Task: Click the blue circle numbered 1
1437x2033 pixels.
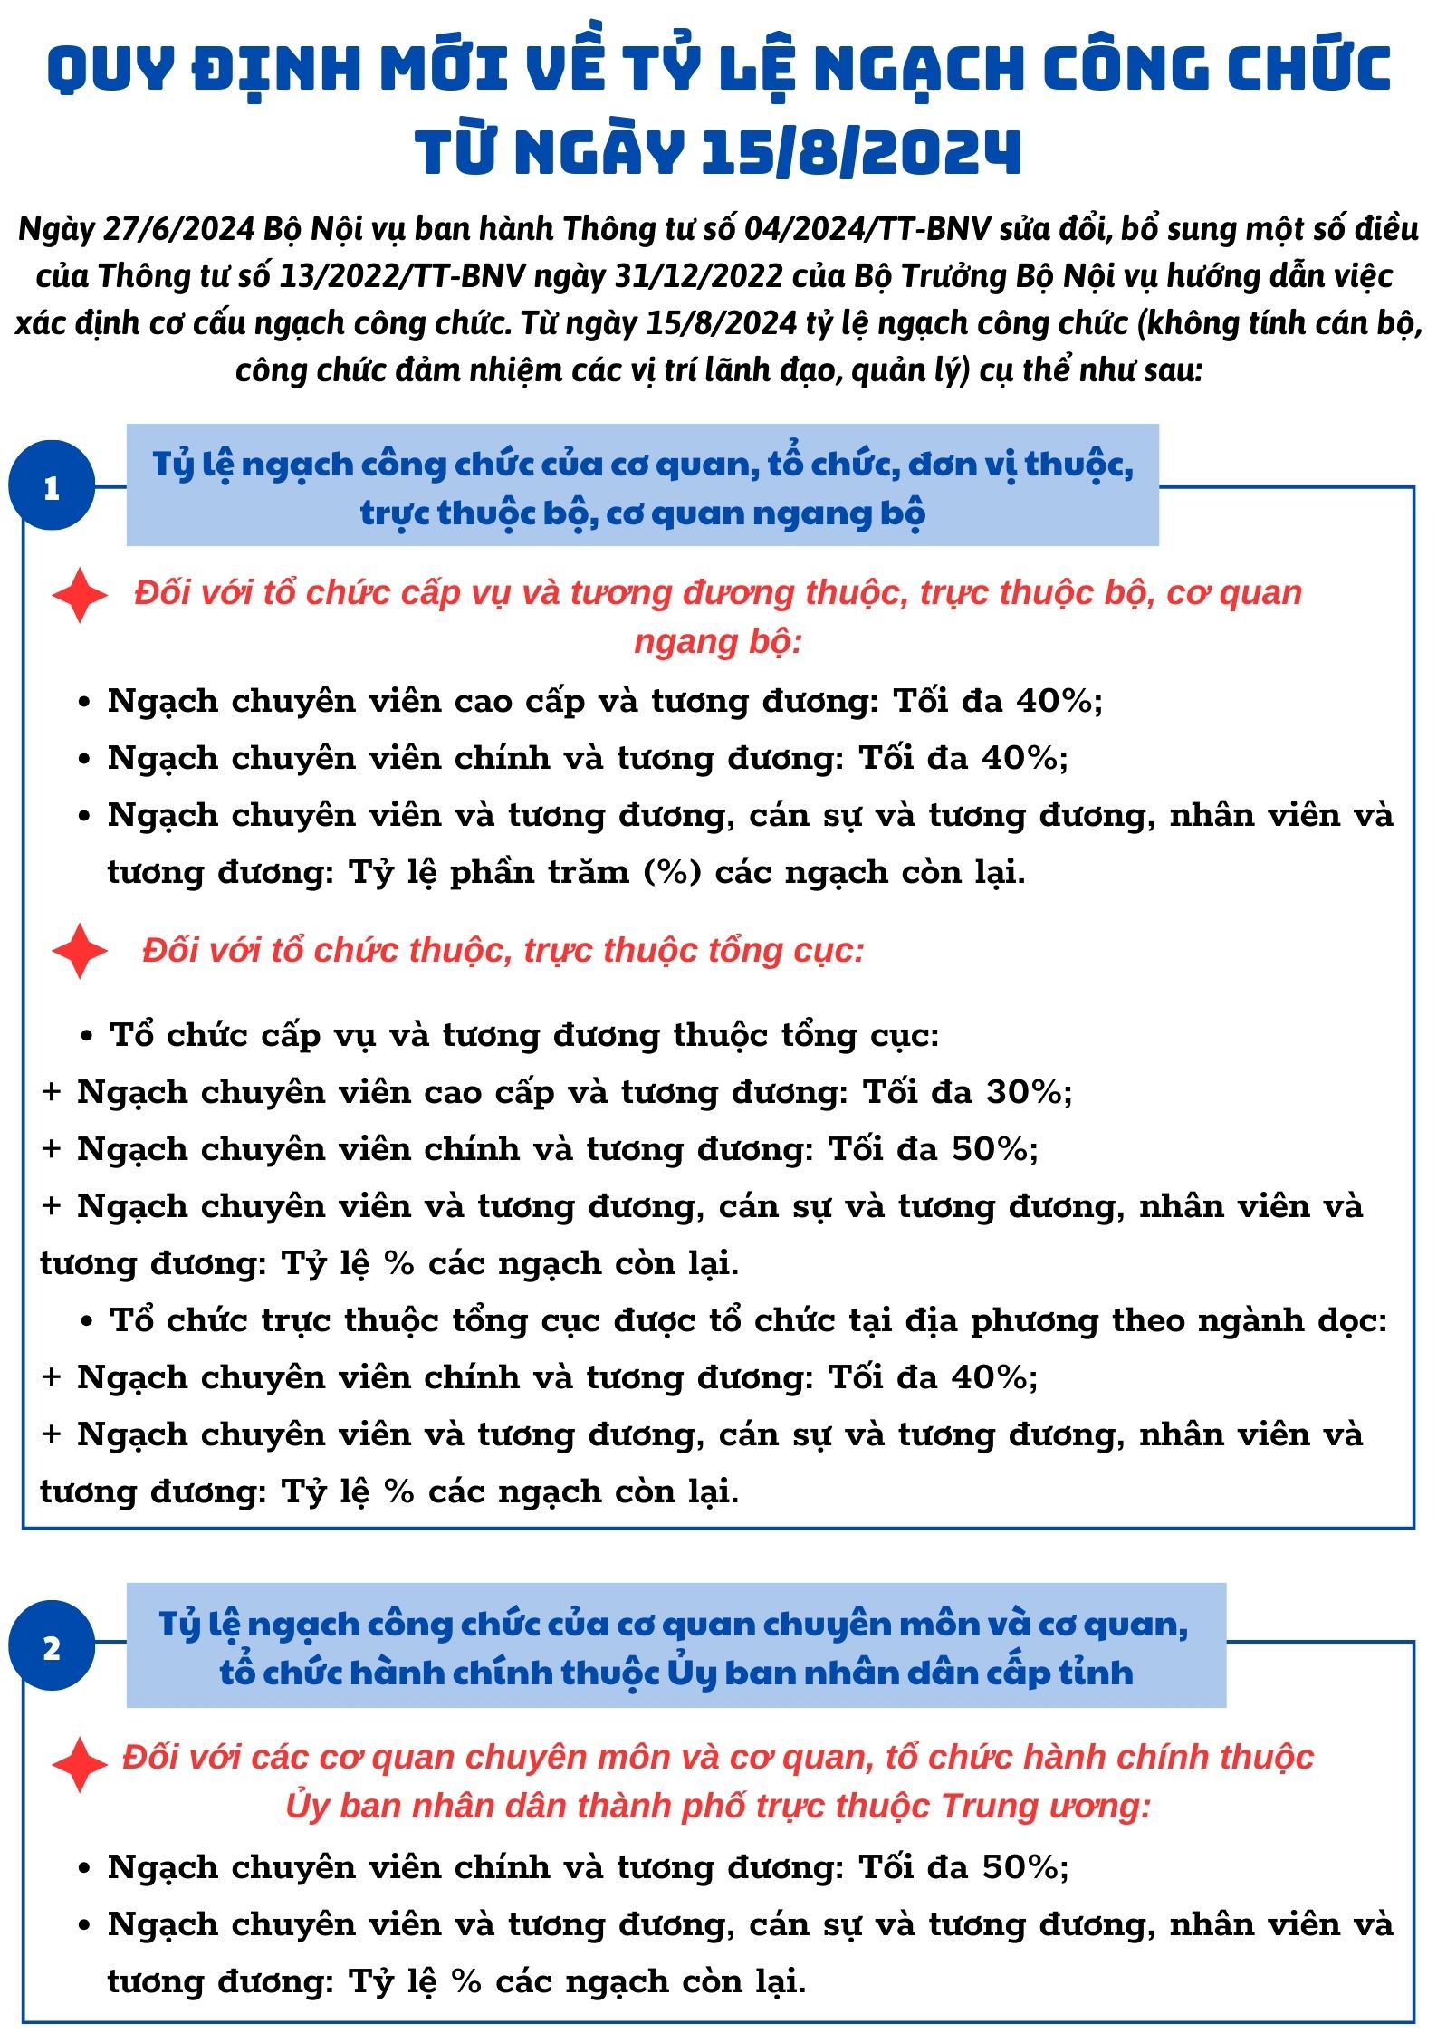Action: tap(52, 486)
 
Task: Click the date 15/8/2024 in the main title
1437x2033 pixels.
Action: tap(860, 151)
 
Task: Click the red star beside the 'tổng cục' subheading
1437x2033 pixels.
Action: tap(80, 951)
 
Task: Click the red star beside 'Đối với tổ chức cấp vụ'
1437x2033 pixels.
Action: tap(80, 595)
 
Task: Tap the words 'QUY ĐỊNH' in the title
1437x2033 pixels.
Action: tap(204, 68)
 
